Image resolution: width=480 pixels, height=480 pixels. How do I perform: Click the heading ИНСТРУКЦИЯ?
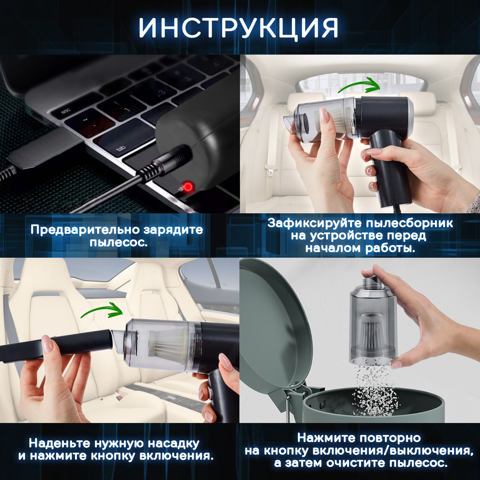click(238, 28)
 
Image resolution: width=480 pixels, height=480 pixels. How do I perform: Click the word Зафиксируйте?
click(315, 223)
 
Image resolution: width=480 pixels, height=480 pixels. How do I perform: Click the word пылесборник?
click(409, 223)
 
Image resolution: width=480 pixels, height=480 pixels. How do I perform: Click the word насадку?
click(174, 443)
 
